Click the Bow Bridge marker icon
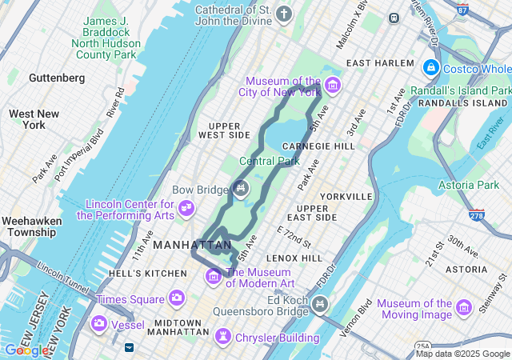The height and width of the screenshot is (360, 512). click(241, 188)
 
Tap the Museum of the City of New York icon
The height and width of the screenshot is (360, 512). click(332, 86)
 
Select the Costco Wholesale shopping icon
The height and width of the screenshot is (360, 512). click(432, 67)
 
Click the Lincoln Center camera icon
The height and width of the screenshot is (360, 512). click(186, 208)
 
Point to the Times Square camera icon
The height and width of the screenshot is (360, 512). click(176, 298)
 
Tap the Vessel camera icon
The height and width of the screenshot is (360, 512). click(100, 323)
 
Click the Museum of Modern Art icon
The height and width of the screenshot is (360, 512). click(214, 277)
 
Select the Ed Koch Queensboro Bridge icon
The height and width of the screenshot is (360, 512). click(321, 303)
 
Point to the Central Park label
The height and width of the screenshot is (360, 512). click(269, 161)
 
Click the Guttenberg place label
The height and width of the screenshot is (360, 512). click(56, 78)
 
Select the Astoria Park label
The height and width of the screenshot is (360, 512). click(468, 185)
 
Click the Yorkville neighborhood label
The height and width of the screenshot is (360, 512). click(346, 196)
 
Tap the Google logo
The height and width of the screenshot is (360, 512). click(26, 350)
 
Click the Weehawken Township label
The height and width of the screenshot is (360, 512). click(29, 226)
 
